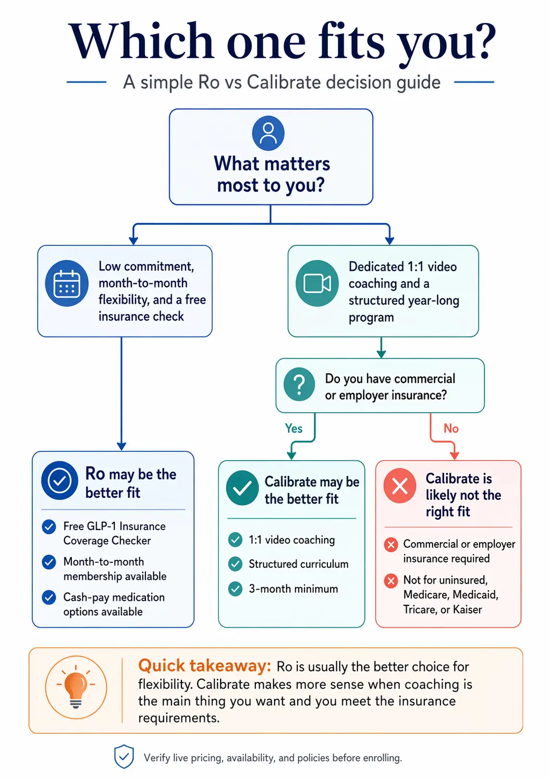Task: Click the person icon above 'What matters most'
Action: [x=268, y=133]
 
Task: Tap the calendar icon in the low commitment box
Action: [x=67, y=283]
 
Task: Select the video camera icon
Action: [x=317, y=283]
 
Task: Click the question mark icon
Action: [x=299, y=385]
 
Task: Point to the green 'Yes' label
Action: [x=294, y=428]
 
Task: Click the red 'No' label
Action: [x=451, y=428]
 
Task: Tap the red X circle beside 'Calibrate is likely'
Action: [x=400, y=486]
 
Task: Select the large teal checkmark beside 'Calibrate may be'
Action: [x=242, y=488]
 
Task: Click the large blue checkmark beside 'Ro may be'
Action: [x=59, y=481]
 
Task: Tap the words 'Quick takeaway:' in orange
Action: [x=204, y=666]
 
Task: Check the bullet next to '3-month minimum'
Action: [x=236, y=589]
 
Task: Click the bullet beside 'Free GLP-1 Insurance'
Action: [x=49, y=526]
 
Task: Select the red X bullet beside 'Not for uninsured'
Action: [x=391, y=581]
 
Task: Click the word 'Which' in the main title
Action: [x=141, y=42]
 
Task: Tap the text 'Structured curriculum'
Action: [x=298, y=564]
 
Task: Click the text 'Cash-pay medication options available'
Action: [x=114, y=604]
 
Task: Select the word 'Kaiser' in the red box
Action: [x=467, y=609]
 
